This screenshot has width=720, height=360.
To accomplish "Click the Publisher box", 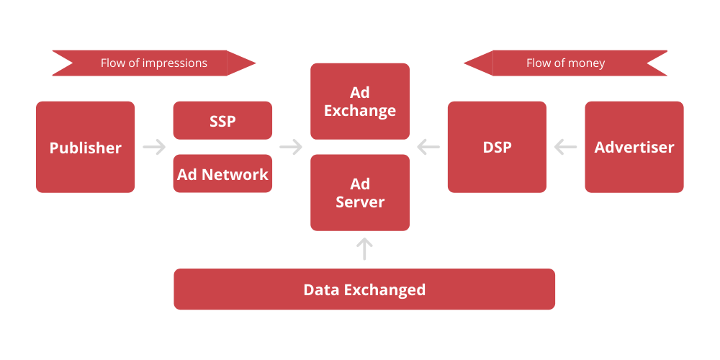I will (85, 147).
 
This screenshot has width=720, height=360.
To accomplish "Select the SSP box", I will (222, 120).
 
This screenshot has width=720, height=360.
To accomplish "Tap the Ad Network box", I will (222, 174).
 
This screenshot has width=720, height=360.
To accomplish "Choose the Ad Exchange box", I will (360, 102).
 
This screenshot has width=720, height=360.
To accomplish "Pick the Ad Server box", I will (360, 192).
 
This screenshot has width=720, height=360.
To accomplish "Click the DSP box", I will (497, 147).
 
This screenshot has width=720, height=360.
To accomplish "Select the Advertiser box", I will (634, 147).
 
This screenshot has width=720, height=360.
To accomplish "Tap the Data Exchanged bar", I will (364, 289).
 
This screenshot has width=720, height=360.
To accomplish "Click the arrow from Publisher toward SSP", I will (154, 147).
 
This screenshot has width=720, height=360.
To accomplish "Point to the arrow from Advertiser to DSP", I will (565, 147).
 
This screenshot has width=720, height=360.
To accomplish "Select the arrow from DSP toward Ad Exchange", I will (428, 147).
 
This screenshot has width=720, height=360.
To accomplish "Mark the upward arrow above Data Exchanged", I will (365, 249).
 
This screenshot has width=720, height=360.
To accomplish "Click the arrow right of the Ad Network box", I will (291, 147).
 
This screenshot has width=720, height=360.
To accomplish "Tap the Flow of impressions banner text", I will (154, 63).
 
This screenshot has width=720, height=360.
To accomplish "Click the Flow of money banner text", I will (565, 63).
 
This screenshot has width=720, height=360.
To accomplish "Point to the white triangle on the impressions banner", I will (60, 63).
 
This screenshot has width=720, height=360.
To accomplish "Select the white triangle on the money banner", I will (659, 63).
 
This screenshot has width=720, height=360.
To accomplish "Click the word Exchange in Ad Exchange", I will (360, 111).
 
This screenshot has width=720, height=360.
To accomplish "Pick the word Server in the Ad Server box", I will (360, 202).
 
